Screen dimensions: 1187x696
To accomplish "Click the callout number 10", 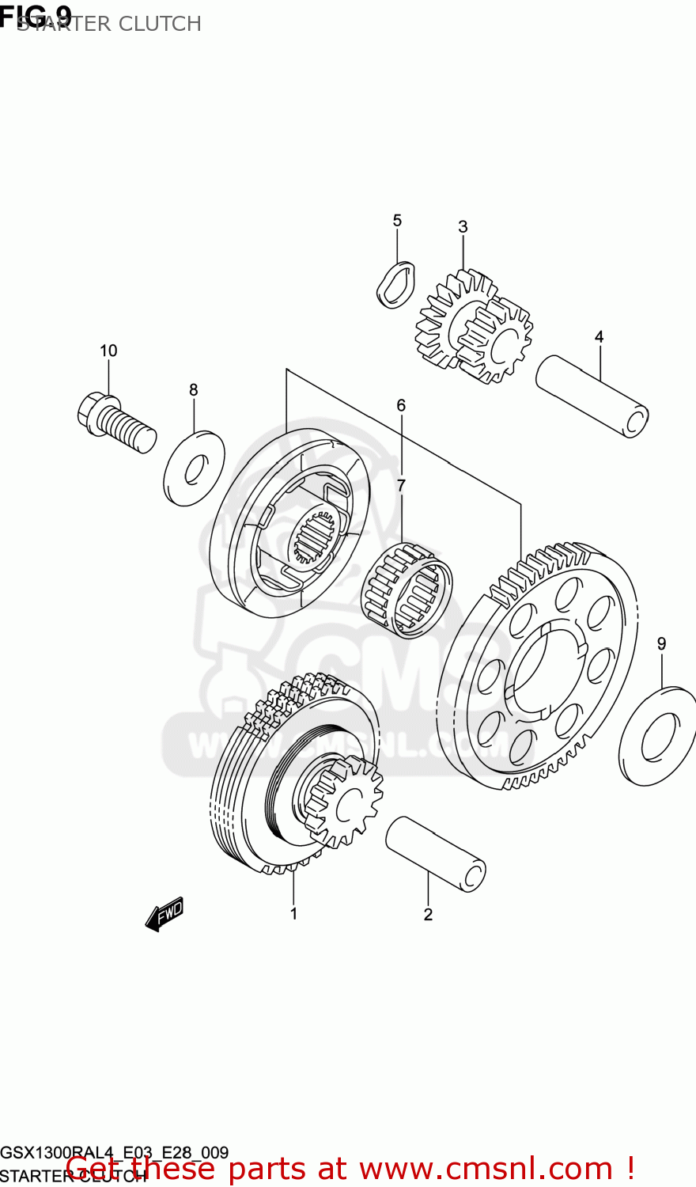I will coord(108,351).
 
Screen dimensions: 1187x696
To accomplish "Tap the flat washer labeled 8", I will coord(194,468).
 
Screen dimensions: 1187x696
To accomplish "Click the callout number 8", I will coord(193,390).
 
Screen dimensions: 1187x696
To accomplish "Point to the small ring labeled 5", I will coord(395,284).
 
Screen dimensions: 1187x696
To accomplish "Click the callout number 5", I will coord(397,221).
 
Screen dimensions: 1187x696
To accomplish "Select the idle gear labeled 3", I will coord(473,326).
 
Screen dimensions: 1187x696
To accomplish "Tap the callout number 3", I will coord(463,227).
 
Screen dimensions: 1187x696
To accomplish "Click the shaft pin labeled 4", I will coord(592,396).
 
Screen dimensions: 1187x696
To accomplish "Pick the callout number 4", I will coord(599,337).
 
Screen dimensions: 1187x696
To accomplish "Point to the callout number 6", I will coord(401,406).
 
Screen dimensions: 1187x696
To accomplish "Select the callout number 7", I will coord(401,485).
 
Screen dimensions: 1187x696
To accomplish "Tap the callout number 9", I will coord(661,644).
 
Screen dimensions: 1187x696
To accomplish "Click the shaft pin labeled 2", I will coord(435,855).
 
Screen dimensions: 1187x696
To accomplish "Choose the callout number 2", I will coord(428,915).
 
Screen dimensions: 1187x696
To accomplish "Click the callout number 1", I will coord(293,914).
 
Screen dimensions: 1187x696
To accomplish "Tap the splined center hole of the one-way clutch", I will coord(316,537).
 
